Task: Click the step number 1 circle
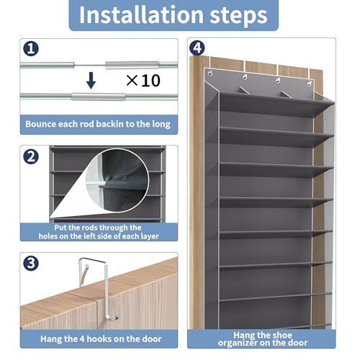coord(31,49)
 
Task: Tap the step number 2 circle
coord(31,157)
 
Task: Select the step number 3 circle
coord(31,264)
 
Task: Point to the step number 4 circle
coord(197,48)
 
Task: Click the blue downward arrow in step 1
coord(91,81)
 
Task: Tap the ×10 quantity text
coord(143,81)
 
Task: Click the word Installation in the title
coord(142,15)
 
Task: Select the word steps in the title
coord(239,16)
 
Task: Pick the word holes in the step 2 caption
coord(48,236)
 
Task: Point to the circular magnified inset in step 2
coord(117,180)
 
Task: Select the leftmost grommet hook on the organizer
coord(210,73)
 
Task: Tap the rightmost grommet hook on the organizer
coord(309,84)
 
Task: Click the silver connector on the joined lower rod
coord(99,96)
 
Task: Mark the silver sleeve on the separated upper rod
coord(132,65)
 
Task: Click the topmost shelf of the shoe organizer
coord(276,104)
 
